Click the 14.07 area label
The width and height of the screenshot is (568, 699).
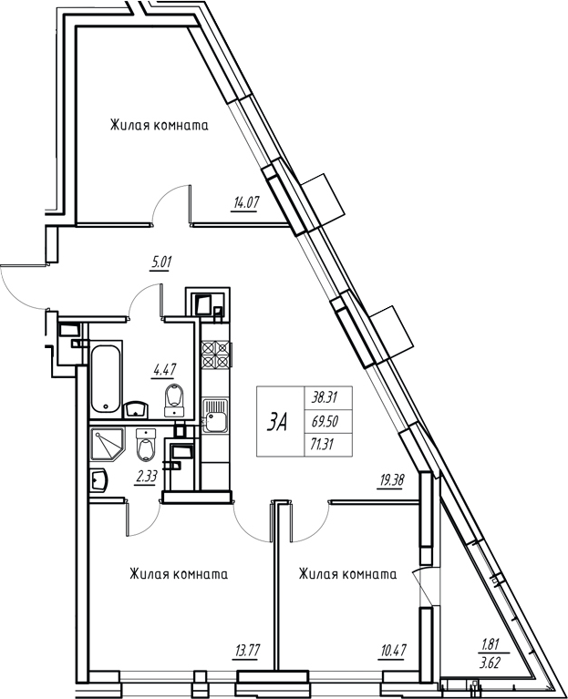pyautogui.click(x=244, y=203)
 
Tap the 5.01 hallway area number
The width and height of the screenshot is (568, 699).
pyautogui.click(x=162, y=261)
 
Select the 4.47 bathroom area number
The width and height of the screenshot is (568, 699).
pyautogui.click(x=164, y=370)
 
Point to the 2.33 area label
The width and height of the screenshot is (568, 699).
pyautogui.click(x=146, y=478)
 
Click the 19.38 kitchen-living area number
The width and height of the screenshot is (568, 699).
pyautogui.click(x=390, y=480)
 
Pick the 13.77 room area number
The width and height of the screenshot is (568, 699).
pyautogui.click(x=246, y=651)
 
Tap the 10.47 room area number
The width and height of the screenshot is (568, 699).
pyautogui.click(x=393, y=651)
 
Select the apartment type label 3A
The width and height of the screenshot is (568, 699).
pyautogui.click(x=277, y=423)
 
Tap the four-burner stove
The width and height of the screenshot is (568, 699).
pyautogui.click(x=216, y=354)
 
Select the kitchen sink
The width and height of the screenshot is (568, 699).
pyautogui.click(x=214, y=416)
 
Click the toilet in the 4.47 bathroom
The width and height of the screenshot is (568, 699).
pyautogui.click(x=173, y=398)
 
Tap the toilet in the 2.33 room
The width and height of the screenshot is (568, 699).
pyautogui.click(x=145, y=446)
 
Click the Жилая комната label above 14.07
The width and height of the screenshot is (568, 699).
pyautogui.click(x=160, y=125)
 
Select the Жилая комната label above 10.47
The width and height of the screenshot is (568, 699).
pyautogui.click(x=347, y=574)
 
